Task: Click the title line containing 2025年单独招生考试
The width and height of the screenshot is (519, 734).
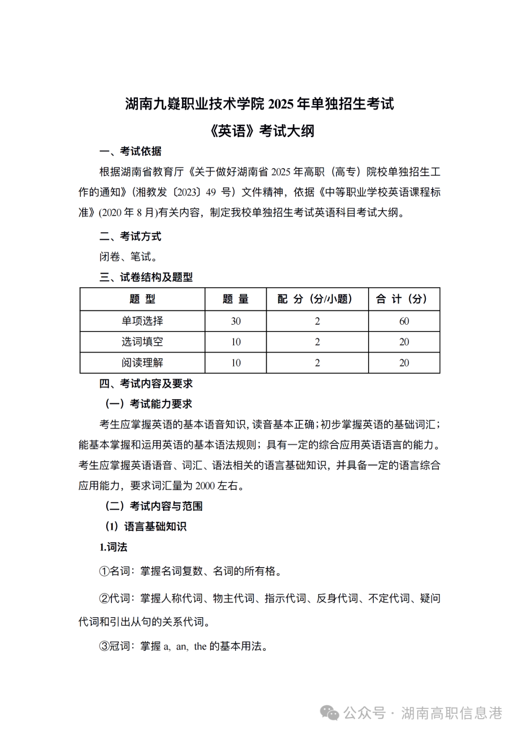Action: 259,103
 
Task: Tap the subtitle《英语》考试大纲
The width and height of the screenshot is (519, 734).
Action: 262,131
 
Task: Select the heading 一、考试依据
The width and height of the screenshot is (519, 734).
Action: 130,152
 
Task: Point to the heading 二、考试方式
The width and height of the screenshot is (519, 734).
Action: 130,236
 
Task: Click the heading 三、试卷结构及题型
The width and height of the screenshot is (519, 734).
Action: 146,277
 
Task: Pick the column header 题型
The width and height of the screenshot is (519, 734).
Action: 142,299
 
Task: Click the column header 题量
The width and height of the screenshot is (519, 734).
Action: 235,299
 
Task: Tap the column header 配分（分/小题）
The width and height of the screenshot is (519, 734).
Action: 317,299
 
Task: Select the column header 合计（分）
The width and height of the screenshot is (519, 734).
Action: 404,299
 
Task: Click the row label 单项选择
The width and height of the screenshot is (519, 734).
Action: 142,321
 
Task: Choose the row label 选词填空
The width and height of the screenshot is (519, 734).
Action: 142,342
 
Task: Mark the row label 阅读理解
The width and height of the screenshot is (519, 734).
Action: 142,363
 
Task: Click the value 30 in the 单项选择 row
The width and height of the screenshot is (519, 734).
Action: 235,321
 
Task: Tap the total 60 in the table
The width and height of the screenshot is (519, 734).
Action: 404,321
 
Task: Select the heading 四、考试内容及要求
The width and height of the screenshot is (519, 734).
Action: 146,383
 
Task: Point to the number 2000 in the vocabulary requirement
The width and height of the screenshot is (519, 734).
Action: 205,486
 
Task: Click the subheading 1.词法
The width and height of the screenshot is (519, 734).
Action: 113,547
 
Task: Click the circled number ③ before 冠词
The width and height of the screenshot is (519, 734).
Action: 104,646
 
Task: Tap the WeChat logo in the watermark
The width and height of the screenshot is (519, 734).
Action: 330,713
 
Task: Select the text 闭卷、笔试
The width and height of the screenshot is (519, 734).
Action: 128,257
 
